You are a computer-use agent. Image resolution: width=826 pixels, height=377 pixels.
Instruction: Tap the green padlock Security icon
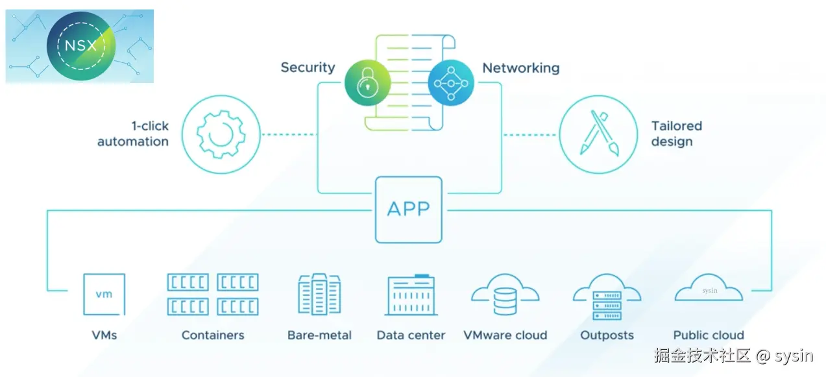(367, 82)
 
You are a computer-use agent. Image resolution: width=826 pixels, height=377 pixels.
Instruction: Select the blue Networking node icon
(451, 82)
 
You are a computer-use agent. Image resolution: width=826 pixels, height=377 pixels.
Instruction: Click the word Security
(308, 67)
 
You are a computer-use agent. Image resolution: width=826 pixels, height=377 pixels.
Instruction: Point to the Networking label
(520, 67)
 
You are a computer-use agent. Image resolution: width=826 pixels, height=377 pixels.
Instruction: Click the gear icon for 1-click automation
(221, 135)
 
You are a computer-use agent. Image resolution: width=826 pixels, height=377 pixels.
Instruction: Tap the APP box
(408, 210)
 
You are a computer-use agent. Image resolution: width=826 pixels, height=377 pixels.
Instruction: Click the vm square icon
(104, 295)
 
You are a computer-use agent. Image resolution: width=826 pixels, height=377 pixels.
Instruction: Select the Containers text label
(213, 335)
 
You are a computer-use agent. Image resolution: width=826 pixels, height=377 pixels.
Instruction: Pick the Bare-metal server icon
(319, 295)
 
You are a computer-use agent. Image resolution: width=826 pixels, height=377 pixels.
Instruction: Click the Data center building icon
(411, 296)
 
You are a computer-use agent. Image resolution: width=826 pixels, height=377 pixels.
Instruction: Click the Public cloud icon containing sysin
(709, 289)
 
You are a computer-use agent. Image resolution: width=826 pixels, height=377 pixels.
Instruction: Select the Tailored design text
(676, 134)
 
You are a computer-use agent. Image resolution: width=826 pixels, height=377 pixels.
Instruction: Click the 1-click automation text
(133, 134)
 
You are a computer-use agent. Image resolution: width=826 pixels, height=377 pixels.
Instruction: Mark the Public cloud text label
(709, 335)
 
